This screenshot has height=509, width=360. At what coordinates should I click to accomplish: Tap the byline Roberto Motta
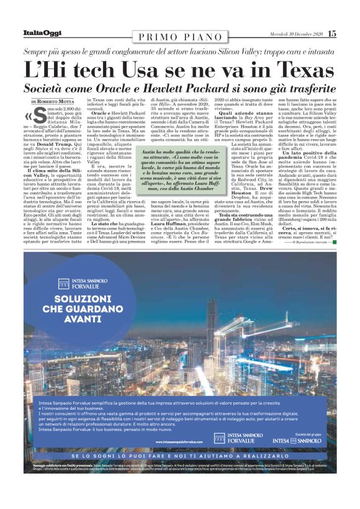(56, 101)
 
